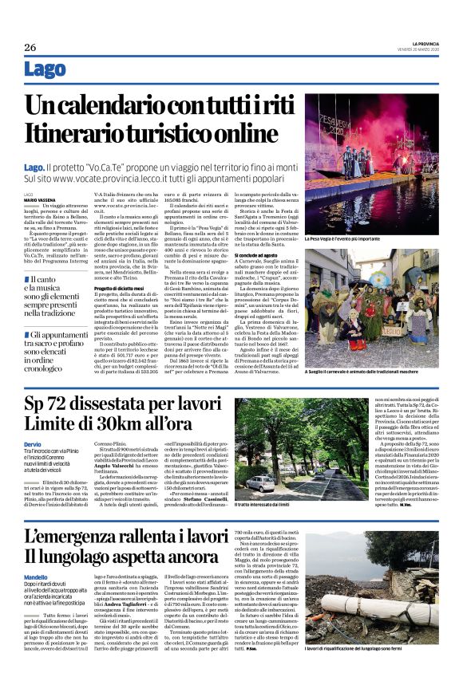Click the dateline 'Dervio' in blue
33,444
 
